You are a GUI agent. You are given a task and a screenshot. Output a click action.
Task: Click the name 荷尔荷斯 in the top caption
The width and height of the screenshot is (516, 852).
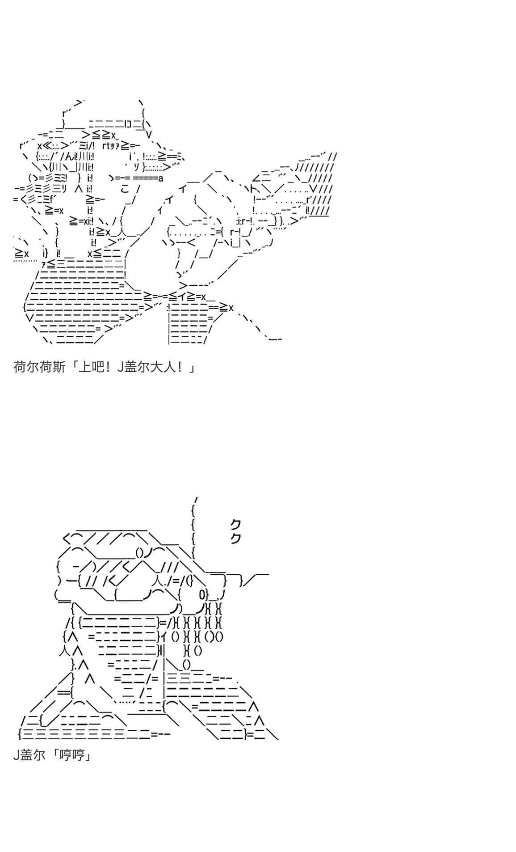(x=39, y=367)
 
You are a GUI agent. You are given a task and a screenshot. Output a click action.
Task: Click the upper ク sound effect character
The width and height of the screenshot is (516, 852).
(x=235, y=524)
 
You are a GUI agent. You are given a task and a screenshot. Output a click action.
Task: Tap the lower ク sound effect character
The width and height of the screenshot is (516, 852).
(x=235, y=538)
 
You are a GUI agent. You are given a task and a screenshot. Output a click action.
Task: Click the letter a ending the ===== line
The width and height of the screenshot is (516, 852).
(x=160, y=178)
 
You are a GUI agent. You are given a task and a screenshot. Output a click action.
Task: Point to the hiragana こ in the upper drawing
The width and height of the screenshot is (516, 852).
(x=125, y=189)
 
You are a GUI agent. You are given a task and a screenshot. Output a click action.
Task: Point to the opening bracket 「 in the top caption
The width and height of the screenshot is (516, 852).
(x=73, y=367)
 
